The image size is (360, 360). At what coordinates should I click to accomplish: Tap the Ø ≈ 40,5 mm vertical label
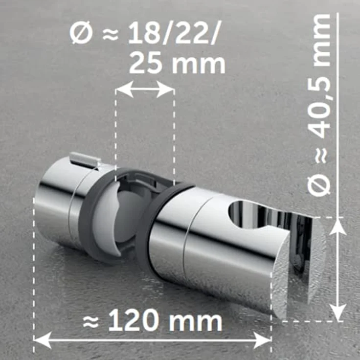tap(321, 105)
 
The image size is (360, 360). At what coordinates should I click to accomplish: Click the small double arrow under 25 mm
tap(145, 90)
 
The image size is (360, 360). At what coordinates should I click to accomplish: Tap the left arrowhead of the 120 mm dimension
tap(39, 338)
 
